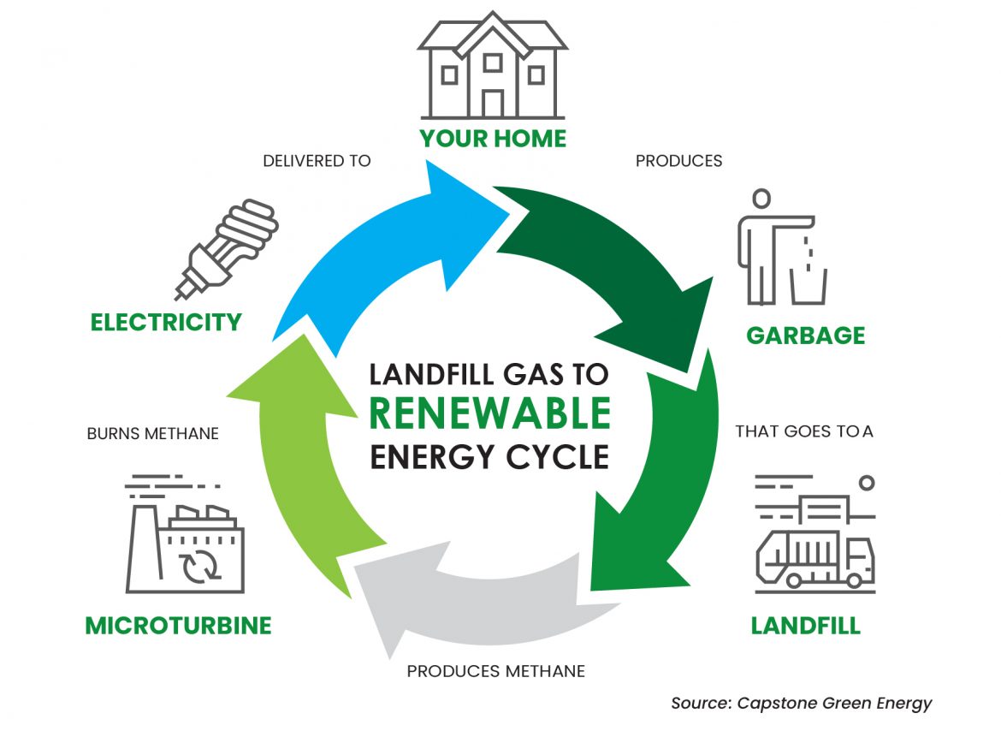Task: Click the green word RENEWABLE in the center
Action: coord(489,414)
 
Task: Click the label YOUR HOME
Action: coord(493,139)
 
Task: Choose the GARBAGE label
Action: coord(805,335)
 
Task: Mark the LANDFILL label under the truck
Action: coord(805,626)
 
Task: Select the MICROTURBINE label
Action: coord(178,626)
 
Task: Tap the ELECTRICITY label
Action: coord(166,323)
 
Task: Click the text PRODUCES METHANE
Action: coord(495,671)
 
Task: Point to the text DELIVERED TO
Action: coord(317,161)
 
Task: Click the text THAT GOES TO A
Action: coord(803,431)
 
